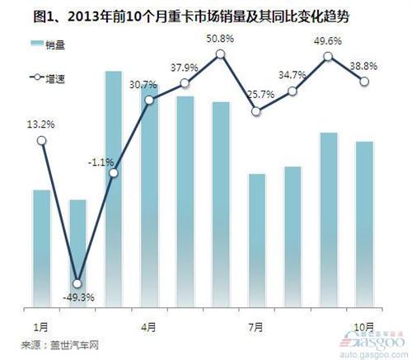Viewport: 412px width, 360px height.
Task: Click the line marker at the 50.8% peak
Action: pyautogui.click(x=220, y=54)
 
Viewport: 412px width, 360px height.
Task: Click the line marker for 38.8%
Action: pyautogui.click(x=364, y=81)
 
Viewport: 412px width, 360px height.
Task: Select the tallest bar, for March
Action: pyautogui.click(x=114, y=189)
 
